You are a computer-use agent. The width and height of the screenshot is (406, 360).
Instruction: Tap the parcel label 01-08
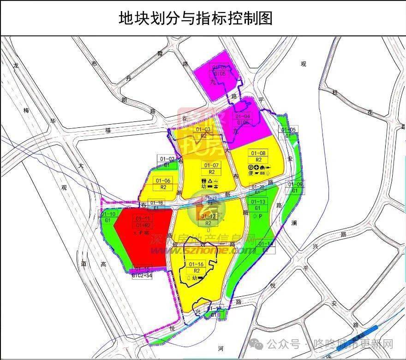click(258, 153)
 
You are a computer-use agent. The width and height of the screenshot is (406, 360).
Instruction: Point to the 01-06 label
click(163, 180)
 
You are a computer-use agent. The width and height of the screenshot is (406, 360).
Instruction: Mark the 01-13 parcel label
click(258, 202)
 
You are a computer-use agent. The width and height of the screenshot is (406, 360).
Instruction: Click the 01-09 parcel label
click(296, 185)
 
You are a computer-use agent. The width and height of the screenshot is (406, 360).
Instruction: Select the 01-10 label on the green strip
click(110, 214)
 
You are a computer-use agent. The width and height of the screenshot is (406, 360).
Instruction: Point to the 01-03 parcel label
click(203, 129)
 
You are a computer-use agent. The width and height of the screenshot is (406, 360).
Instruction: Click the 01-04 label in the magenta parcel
click(243, 117)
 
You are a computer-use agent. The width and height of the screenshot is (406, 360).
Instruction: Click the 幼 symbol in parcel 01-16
click(195, 278)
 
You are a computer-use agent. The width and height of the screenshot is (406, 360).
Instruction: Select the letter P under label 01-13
click(261, 216)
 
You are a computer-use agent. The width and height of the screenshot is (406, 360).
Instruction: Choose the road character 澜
click(294, 223)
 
